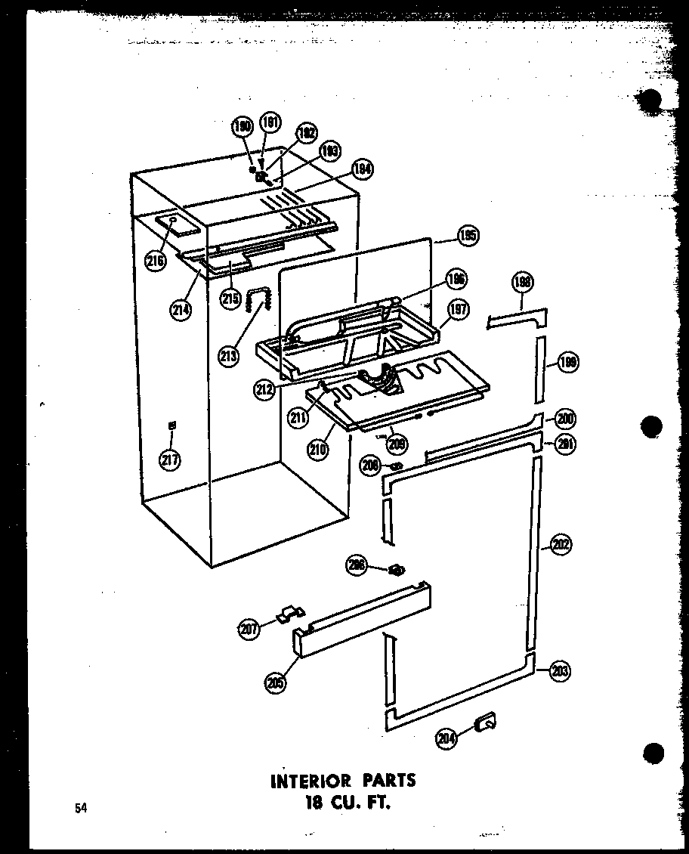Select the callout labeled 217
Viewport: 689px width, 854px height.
coord(171,459)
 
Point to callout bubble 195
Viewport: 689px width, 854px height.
coord(467,237)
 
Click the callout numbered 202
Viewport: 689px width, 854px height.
coord(561,544)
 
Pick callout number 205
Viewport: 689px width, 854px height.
coord(275,682)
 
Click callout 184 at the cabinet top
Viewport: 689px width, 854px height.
coord(363,170)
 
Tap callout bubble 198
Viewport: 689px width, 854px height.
coord(522,283)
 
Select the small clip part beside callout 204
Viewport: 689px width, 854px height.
coord(486,724)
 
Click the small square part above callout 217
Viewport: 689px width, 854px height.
coord(171,426)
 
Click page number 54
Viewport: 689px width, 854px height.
coord(80,809)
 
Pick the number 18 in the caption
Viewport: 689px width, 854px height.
coord(308,803)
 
